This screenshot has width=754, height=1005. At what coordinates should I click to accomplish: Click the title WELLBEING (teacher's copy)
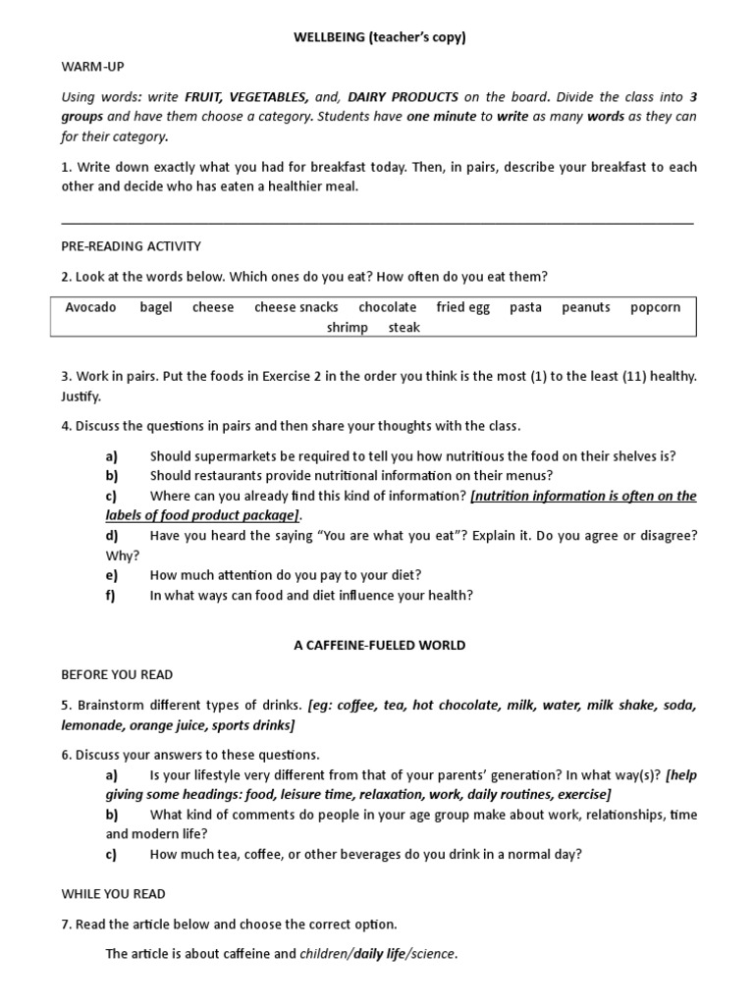click(x=378, y=37)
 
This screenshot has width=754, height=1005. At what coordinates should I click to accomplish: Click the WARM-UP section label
click(x=93, y=67)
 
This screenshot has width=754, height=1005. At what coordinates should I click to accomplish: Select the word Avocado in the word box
click(x=90, y=307)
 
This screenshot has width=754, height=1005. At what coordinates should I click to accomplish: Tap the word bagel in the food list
click(x=156, y=307)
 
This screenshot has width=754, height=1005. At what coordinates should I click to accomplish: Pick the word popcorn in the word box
click(x=655, y=307)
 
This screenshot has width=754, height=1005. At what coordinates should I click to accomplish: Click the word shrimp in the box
click(x=348, y=328)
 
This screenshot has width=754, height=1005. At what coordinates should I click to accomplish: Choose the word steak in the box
click(x=404, y=328)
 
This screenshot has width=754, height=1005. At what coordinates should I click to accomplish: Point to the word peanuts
click(x=586, y=307)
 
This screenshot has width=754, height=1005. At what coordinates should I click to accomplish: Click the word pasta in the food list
click(x=525, y=307)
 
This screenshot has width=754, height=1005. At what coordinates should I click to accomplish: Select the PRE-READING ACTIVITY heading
click(x=131, y=246)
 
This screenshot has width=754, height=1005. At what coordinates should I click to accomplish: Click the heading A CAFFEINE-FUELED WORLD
click(x=379, y=646)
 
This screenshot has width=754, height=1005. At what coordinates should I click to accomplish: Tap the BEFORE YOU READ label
click(x=117, y=675)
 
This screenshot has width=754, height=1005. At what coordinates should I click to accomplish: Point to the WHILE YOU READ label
click(x=114, y=894)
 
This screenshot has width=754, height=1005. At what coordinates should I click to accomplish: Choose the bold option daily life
click(x=382, y=954)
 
